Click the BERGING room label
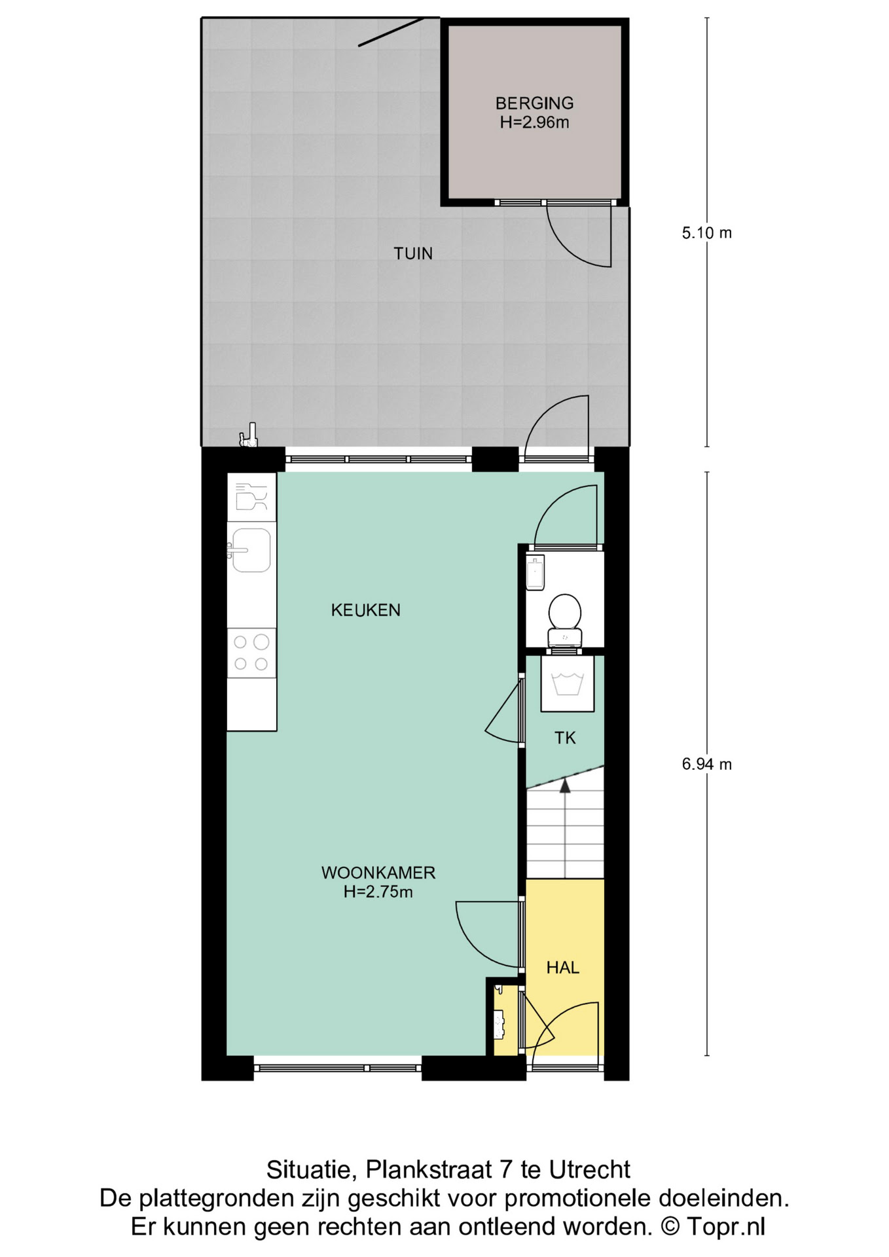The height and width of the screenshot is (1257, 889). point(534,103)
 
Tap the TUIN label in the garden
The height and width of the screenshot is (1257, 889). point(413,253)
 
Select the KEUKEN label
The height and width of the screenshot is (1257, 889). point(365,610)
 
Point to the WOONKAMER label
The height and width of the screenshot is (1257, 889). point(378,873)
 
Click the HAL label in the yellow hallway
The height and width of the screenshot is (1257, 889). point(563,968)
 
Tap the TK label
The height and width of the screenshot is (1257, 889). point(565,738)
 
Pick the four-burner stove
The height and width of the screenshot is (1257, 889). point(251,653)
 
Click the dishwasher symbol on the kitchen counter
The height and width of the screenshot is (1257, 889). point(251,497)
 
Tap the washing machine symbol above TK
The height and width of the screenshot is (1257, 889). point(567,683)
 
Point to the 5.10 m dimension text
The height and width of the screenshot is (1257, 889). point(706,233)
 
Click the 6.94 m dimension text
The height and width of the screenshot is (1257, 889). point(706,764)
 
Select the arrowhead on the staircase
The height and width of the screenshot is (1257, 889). point(565,786)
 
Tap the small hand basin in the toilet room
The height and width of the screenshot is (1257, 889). point(535,573)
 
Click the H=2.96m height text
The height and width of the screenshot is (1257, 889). point(534,122)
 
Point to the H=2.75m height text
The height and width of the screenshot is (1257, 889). point(378,892)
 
